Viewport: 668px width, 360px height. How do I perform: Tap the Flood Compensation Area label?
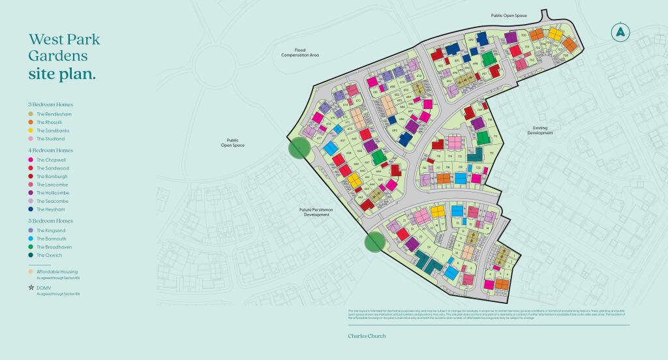point(300,53)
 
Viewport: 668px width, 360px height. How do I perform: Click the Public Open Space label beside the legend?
point(232,142)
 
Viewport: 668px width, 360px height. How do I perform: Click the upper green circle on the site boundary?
point(299,148)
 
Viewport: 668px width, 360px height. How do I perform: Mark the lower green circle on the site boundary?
point(374,242)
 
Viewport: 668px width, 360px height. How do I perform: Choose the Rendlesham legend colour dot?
point(31,114)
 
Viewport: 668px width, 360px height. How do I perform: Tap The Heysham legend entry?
point(51,209)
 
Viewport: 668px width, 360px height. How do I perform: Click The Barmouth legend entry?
point(52,239)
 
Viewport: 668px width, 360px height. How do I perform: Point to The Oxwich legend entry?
point(50,256)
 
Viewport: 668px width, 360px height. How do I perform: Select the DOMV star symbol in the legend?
point(31,287)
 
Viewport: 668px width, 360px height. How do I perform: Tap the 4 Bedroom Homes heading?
point(50,150)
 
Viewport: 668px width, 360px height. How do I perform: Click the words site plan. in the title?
point(62,74)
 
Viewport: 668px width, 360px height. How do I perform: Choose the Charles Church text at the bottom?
point(367,336)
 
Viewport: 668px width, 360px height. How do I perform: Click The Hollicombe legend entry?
point(52,193)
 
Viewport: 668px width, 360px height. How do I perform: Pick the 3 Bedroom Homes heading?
point(50,104)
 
